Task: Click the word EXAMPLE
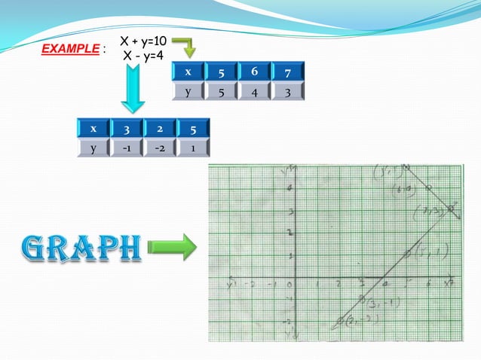pyautogui.click(x=69, y=49)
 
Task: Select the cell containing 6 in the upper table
pyautogui.click(x=254, y=72)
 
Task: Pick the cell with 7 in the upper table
pyautogui.click(x=288, y=72)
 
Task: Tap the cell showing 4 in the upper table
pyautogui.click(x=254, y=91)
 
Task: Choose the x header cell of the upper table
pyautogui.click(x=188, y=72)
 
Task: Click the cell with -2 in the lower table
pyautogui.click(x=160, y=148)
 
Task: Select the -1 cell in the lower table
pyautogui.click(x=127, y=148)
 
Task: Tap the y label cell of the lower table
pyautogui.click(x=93, y=148)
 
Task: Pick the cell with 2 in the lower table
pyautogui.click(x=160, y=128)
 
